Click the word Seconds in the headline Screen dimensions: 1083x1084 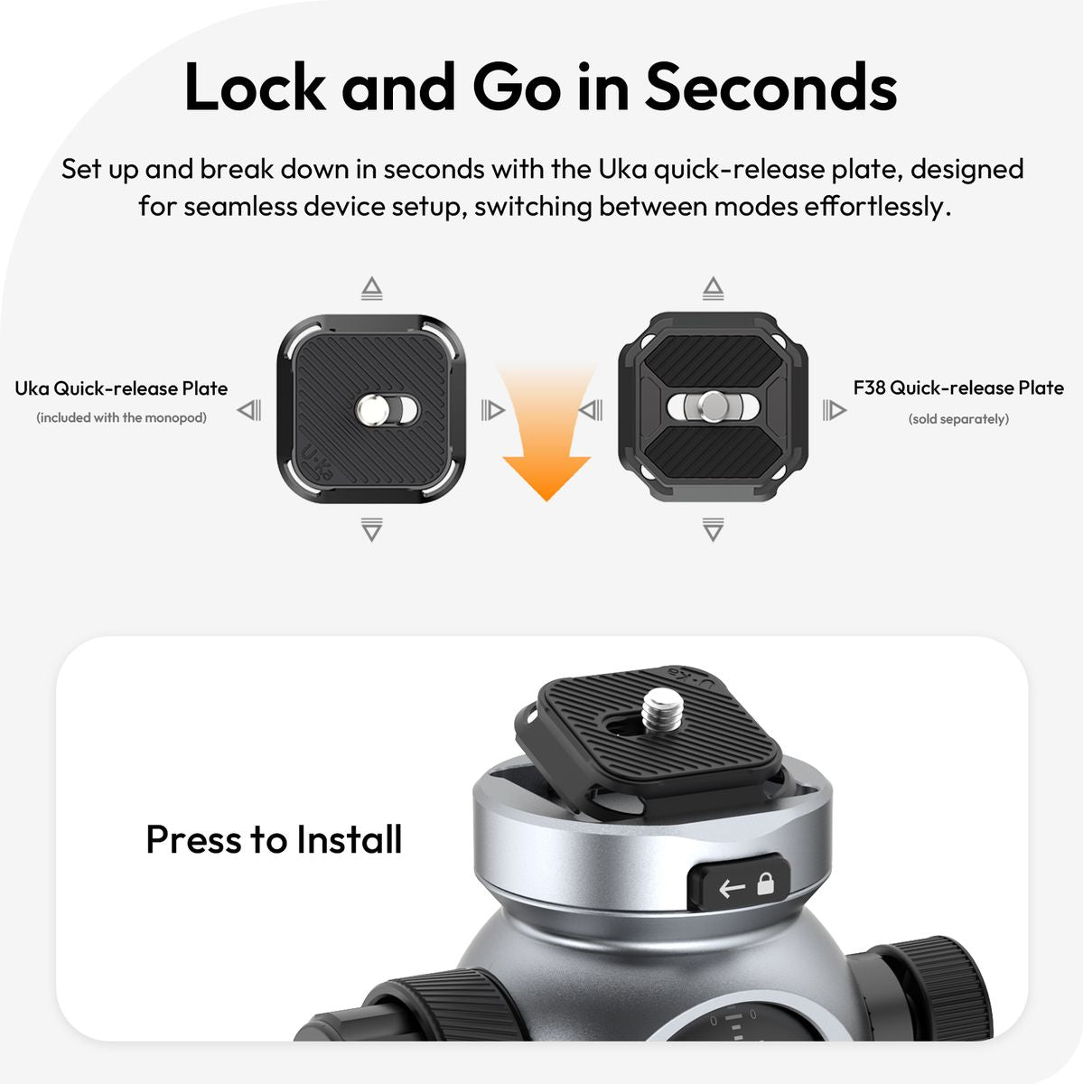[x=770, y=88]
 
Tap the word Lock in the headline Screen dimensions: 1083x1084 [x=255, y=88]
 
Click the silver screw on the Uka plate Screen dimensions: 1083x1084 [x=372, y=408]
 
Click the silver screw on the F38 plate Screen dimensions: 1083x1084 [x=714, y=406]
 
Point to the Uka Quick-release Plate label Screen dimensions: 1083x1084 [x=121, y=388]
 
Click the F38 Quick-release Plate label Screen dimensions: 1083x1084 [x=958, y=388]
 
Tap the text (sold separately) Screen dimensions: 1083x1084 [x=958, y=419]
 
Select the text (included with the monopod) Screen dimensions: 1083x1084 [x=122, y=417]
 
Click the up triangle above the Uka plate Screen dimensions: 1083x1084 [x=372, y=287]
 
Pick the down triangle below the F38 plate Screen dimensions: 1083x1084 [x=714, y=529]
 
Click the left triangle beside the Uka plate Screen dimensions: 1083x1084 [x=249, y=409]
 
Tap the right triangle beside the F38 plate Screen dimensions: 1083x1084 [x=835, y=409]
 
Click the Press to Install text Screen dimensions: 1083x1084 [x=274, y=839]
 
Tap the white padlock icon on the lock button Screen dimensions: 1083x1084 [x=766, y=883]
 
